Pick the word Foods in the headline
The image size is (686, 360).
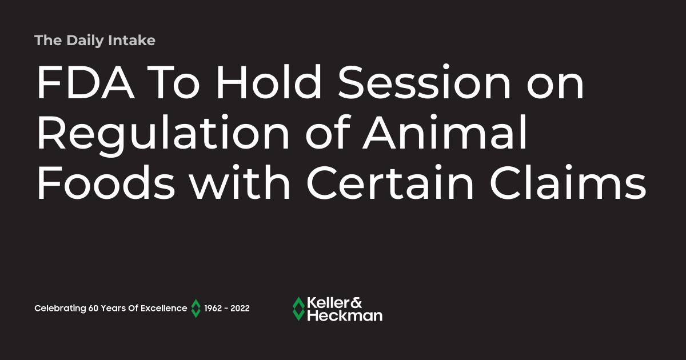[x=101, y=185]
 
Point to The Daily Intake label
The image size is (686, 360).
[x=95, y=41]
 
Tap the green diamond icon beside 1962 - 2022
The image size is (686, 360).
[x=196, y=309]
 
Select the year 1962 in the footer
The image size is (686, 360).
[x=214, y=309]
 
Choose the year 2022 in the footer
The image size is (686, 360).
[x=240, y=309]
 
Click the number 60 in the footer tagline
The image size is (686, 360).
[x=94, y=309]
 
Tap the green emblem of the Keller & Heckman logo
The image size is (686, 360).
[x=298, y=309]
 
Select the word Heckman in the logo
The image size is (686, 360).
[x=345, y=315]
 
